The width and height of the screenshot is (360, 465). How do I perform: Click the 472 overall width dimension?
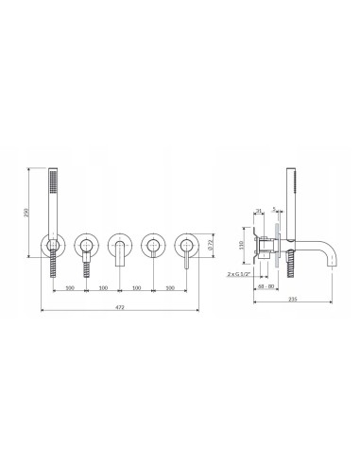tap(118, 309)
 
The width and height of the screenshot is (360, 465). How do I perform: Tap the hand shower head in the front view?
tap(52, 192)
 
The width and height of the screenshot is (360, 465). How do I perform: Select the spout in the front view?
tap(119, 254)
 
